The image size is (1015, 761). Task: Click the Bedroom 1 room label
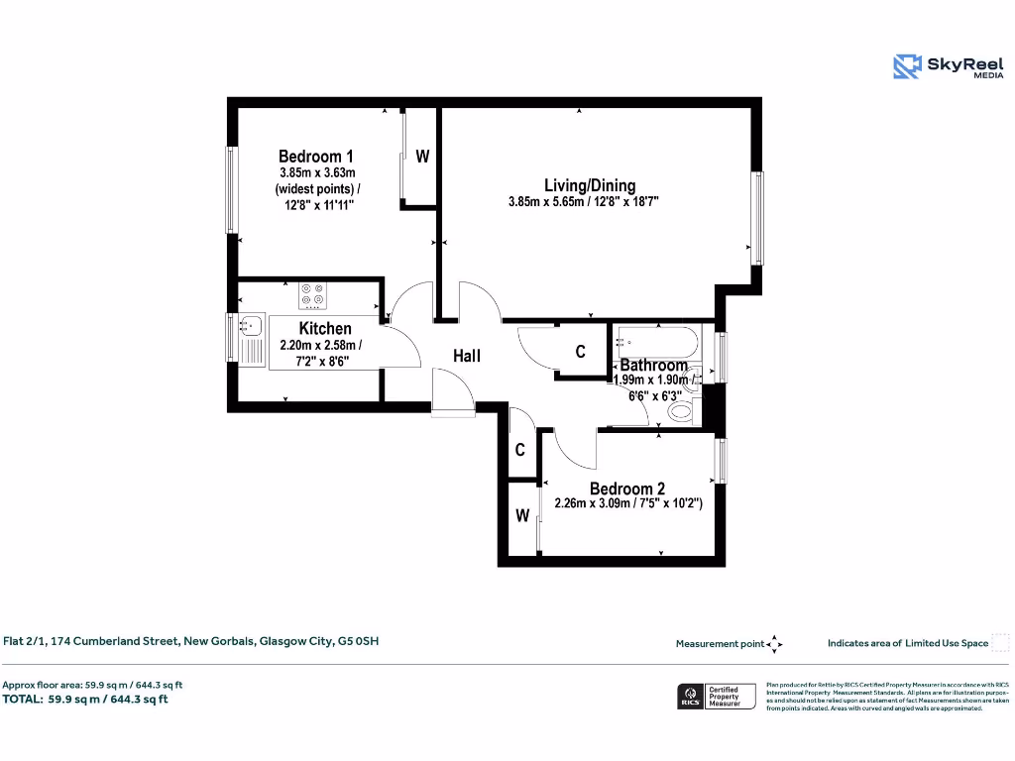coord(316,157)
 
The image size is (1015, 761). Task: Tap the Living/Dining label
coord(590,185)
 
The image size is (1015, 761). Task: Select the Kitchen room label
coord(325,329)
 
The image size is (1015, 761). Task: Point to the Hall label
coord(467,355)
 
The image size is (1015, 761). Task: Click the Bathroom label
coord(654,366)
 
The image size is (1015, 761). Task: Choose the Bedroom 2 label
coord(627,489)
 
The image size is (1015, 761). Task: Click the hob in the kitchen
coord(313,294)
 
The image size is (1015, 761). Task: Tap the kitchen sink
coord(249,337)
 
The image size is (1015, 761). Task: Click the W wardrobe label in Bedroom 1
coord(422,157)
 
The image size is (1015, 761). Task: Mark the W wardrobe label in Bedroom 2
coord(521,516)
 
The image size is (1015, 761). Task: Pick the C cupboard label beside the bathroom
coord(581,352)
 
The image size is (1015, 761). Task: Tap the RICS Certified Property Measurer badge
coord(716,697)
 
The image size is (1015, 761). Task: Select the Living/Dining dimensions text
coord(584,202)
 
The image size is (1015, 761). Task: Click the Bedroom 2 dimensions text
coord(628,504)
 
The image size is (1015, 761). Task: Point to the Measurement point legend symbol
coord(775,644)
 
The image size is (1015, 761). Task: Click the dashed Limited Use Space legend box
coord(1000,643)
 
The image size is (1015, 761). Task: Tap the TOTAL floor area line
coord(85,700)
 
